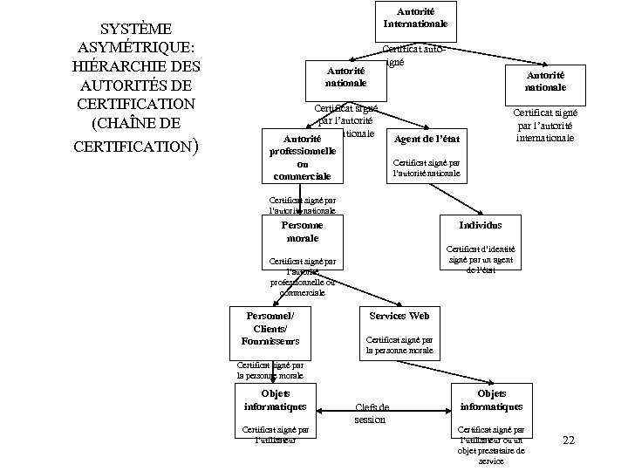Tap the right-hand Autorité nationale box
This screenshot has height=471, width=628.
click(545, 81)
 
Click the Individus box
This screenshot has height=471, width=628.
click(480, 225)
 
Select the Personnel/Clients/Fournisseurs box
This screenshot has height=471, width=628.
click(270, 327)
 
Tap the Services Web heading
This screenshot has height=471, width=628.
click(399, 314)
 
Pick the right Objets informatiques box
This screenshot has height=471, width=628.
click(492, 400)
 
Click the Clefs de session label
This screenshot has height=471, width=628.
click(372, 413)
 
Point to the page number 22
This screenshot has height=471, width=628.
click(569, 440)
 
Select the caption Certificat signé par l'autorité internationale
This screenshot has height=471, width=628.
click(544, 124)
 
